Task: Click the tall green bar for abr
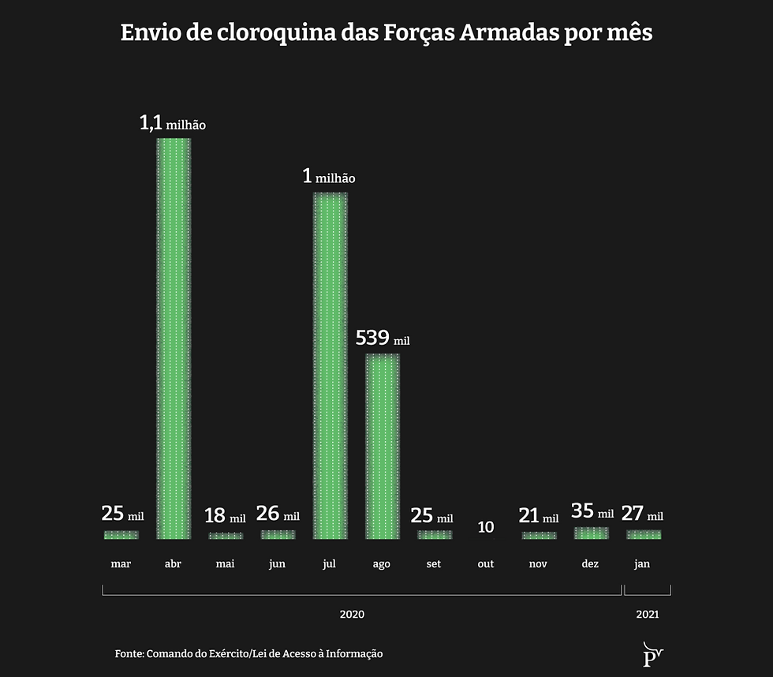[x=174, y=339]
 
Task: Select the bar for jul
[x=330, y=367]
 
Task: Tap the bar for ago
[x=382, y=447]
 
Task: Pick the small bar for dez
[x=591, y=533]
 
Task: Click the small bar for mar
[x=121, y=535]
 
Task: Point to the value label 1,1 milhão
[x=173, y=124]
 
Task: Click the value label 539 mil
[x=383, y=338]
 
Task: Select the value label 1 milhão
[x=329, y=178]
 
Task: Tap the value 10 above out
[x=486, y=526]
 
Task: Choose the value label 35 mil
[x=592, y=511]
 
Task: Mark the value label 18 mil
[x=225, y=517]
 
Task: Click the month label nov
[x=538, y=564]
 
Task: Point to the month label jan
[x=642, y=564]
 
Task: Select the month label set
[x=434, y=564]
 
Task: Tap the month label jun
[x=277, y=564]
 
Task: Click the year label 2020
[x=352, y=613]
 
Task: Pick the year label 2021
[x=646, y=613]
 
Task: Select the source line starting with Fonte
[x=248, y=653]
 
